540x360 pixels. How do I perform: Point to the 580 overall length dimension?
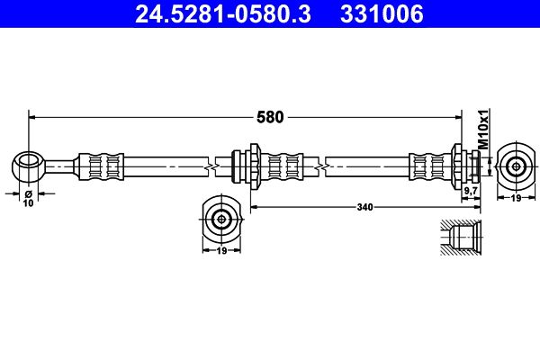click(x=270, y=116)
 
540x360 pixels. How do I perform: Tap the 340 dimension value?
click(x=364, y=206)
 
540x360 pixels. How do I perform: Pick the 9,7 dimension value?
click(x=469, y=191)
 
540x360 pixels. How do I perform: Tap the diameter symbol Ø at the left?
click(x=28, y=193)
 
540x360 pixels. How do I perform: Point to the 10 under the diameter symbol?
click(x=28, y=204)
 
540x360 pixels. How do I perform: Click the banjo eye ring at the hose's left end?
click(x=28, y=166)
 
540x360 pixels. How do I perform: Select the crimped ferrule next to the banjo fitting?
click(x=100, y=166)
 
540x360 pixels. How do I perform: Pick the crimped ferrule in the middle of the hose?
click(x=286, y=166)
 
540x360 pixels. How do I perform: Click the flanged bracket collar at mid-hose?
click(x=247, y=166)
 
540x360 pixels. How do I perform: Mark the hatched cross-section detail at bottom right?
click(x=462, y=241)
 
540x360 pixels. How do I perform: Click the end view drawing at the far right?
click(x=516, y=166)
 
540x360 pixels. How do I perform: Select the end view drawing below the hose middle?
click(x=220, y=218)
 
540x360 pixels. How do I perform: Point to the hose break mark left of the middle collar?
click(x=210, y=166)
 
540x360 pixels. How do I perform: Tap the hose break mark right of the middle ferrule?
click(x=321, y=166)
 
